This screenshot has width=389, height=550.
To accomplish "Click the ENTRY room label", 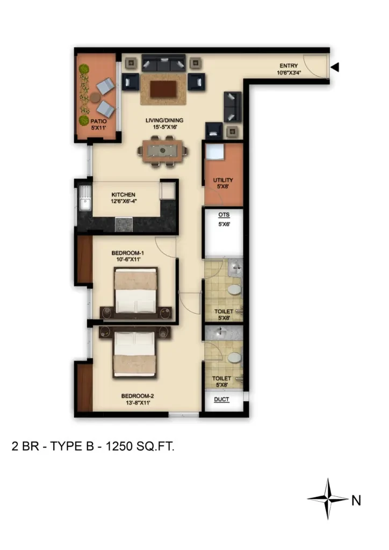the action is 289,66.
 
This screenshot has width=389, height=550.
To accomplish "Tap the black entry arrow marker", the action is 335,67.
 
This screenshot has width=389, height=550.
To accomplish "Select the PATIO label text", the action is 98,121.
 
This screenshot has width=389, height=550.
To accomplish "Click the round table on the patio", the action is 95,98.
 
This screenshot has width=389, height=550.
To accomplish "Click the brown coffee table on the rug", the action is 163,89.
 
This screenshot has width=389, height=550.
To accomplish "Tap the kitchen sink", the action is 85,198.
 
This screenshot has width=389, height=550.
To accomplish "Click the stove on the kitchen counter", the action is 124,225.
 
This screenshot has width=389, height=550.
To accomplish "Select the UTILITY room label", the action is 223,180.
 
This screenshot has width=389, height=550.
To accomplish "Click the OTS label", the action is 224,215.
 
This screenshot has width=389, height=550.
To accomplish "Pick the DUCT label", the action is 221,399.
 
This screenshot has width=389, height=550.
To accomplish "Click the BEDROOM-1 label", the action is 128,253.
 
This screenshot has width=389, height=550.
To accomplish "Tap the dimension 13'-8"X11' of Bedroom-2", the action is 138,403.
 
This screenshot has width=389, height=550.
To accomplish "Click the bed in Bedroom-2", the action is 134,354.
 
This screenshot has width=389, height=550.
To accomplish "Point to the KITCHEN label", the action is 123,194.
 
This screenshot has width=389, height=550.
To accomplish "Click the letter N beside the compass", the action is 356,501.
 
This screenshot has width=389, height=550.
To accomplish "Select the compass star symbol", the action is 328,498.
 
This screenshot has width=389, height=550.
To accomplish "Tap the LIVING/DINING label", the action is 164,120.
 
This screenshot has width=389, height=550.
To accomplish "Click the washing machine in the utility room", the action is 215,152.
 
